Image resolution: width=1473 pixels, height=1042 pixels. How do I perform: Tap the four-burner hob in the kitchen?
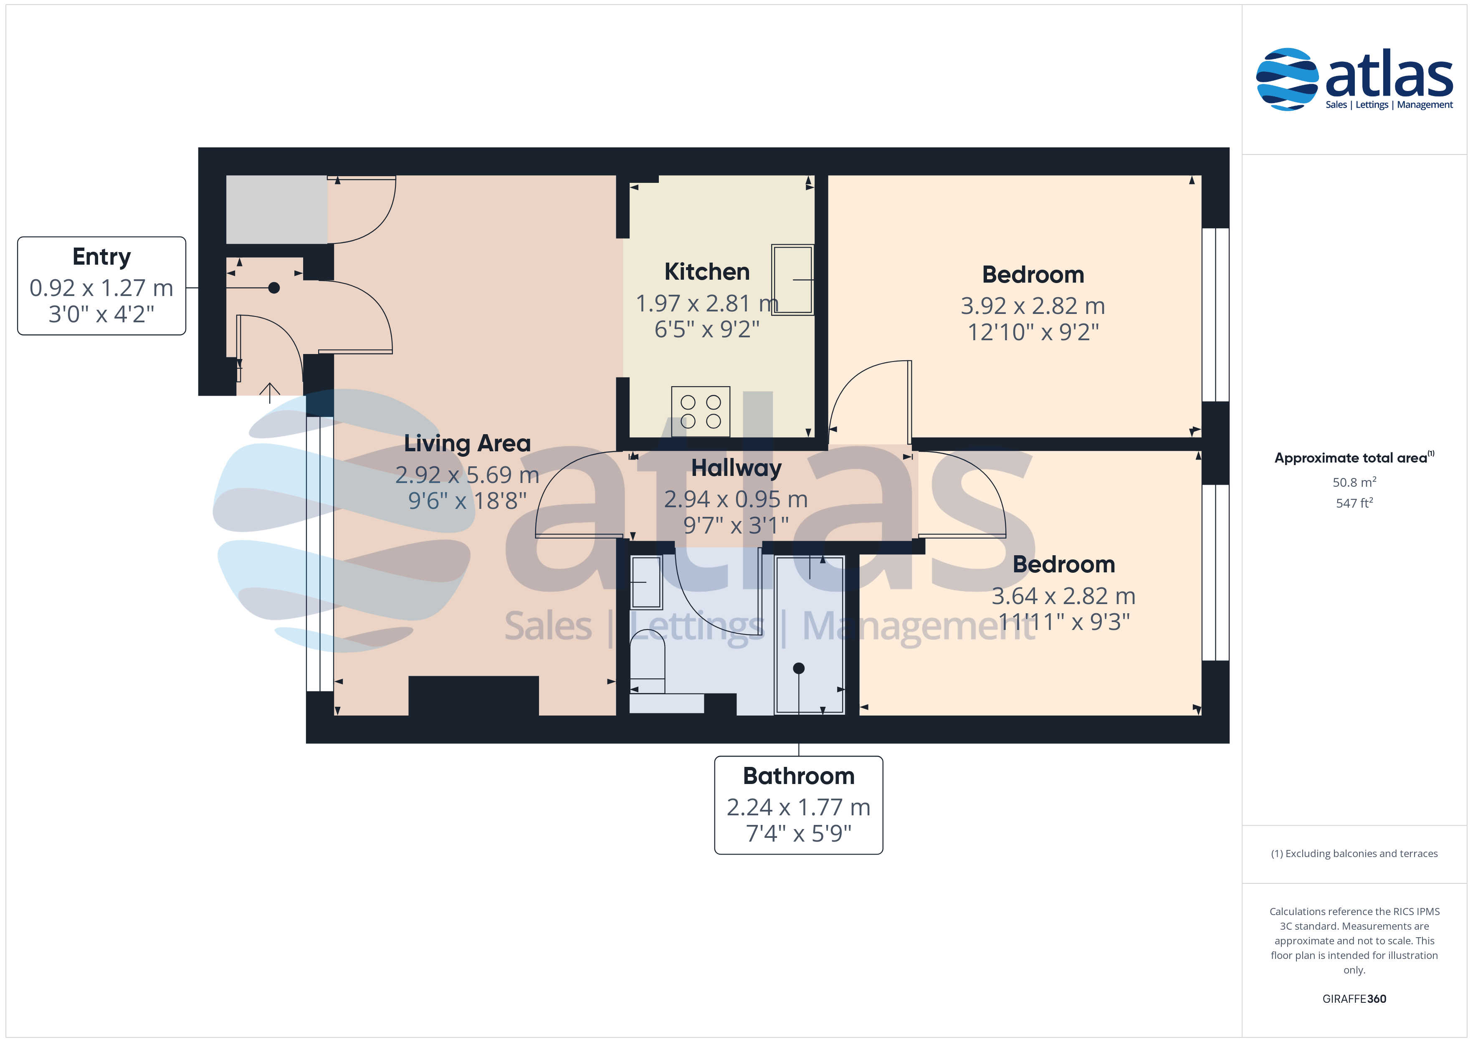point(701,411)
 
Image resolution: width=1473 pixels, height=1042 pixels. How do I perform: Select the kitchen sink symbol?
point(792,279)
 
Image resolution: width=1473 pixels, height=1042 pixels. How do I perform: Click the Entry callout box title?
point(101,257)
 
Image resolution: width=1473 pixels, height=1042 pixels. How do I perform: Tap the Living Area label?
point(467,443)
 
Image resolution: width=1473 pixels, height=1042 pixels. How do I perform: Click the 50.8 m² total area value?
point(1354,482)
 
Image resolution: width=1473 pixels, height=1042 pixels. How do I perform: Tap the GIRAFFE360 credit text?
point(1354,998)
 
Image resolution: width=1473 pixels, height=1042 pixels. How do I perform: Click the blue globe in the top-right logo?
point(1287,79)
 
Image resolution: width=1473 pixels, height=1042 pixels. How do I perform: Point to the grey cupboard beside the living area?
point(276,209)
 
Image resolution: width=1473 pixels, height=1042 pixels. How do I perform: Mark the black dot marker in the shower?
point(799,668)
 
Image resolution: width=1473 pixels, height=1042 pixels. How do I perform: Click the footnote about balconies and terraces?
point(1354,853)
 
